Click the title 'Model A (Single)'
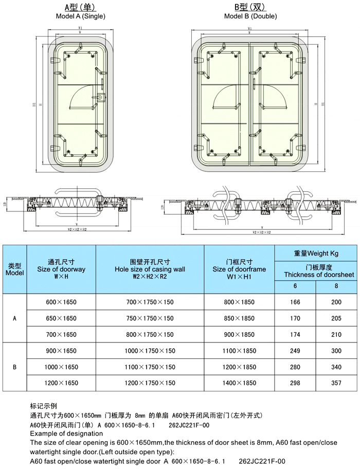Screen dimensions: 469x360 point(81,16)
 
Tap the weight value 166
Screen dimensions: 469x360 point(295,302)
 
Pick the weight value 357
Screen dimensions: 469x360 point(336,383)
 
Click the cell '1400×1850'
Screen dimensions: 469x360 point(239,383)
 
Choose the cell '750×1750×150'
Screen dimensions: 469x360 point(150,318)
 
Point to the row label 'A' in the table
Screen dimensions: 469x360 point(14,318)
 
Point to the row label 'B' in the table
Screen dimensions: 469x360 point(14,367)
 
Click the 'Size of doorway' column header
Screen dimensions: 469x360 point(61,269)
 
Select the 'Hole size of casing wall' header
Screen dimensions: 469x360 point(150,269)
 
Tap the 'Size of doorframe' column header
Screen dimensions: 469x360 point(239,269)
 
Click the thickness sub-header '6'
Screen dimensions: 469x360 point(295,286)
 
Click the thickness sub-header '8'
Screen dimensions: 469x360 point(336,286)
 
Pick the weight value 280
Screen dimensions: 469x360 point(295,367)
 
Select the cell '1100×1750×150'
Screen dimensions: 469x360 point(150,367)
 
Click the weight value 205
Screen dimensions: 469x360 point(336,318)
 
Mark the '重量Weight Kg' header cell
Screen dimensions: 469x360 point(316,254)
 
